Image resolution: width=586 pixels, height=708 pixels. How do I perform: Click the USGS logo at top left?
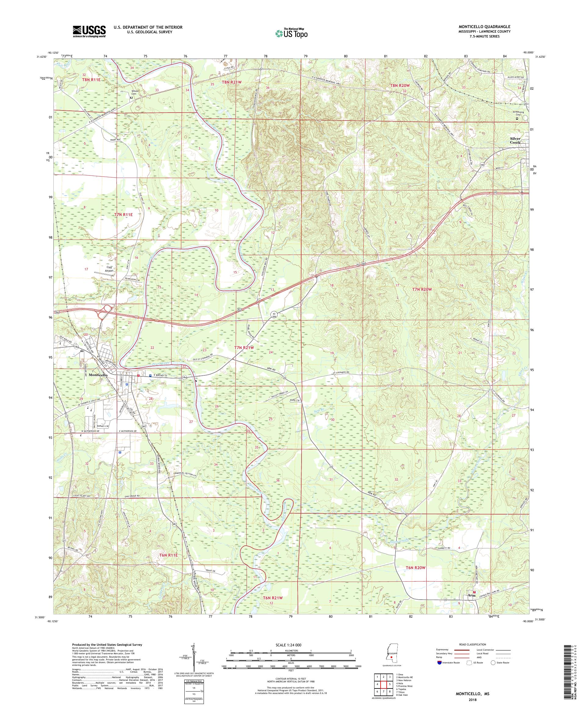tap(89, 32)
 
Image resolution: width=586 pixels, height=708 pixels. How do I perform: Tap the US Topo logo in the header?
tap(292, 33)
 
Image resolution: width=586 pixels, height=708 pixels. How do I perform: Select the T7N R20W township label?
tap(422, 289)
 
